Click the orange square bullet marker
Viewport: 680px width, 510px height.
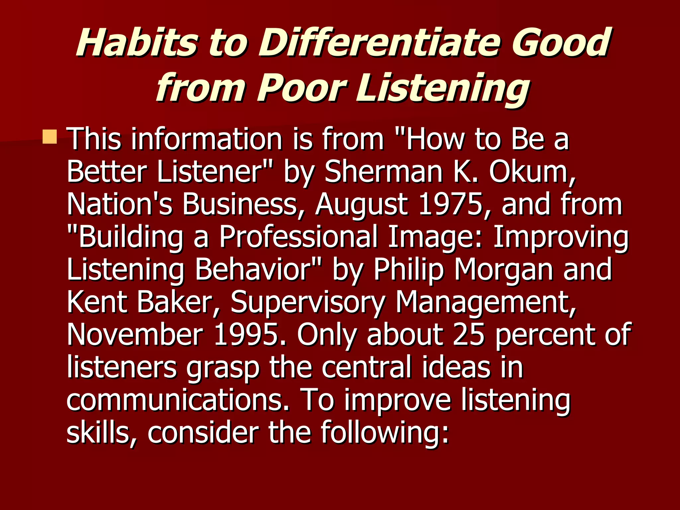[50, 137]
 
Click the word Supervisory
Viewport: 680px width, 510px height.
[307, 303]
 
